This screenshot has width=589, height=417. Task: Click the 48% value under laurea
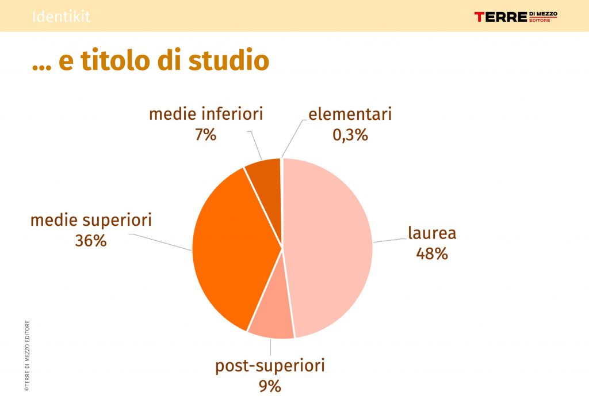pos(432,253)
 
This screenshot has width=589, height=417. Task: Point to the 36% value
pos(90,241)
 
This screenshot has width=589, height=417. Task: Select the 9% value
pos(270,386)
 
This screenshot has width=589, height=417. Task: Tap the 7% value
pos(205,134)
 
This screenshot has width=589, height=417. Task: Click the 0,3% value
pos(350,135)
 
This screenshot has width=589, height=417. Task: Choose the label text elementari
pos(350,114)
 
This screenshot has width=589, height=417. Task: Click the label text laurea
pos(432,233)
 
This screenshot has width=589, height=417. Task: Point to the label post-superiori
pos(270,366)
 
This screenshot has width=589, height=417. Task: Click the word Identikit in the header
pos(61,16)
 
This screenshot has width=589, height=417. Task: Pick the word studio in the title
pos(228,60)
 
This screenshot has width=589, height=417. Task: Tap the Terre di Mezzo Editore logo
pos(516,17)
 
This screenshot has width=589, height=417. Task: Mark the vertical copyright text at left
pos(27,356)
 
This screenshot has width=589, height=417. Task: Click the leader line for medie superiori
pos(160,242)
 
